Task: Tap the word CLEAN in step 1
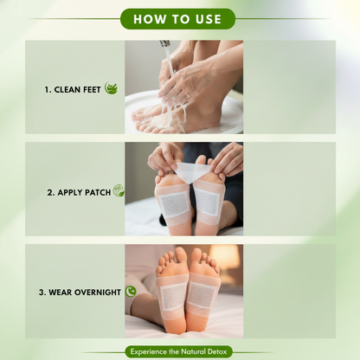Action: coord(68,89)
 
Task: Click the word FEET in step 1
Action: coord(93,89)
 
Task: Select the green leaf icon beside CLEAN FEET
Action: coord(111,88)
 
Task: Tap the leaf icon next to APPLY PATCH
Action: coord(118,190)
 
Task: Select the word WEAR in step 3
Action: coord(63,292)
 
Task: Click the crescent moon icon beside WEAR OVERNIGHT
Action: coord(131,292)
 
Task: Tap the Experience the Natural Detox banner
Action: coord(179,351)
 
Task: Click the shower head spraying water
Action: coord(162,46)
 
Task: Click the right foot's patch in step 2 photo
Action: coord(208,202)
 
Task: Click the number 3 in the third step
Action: coord(42,292)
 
